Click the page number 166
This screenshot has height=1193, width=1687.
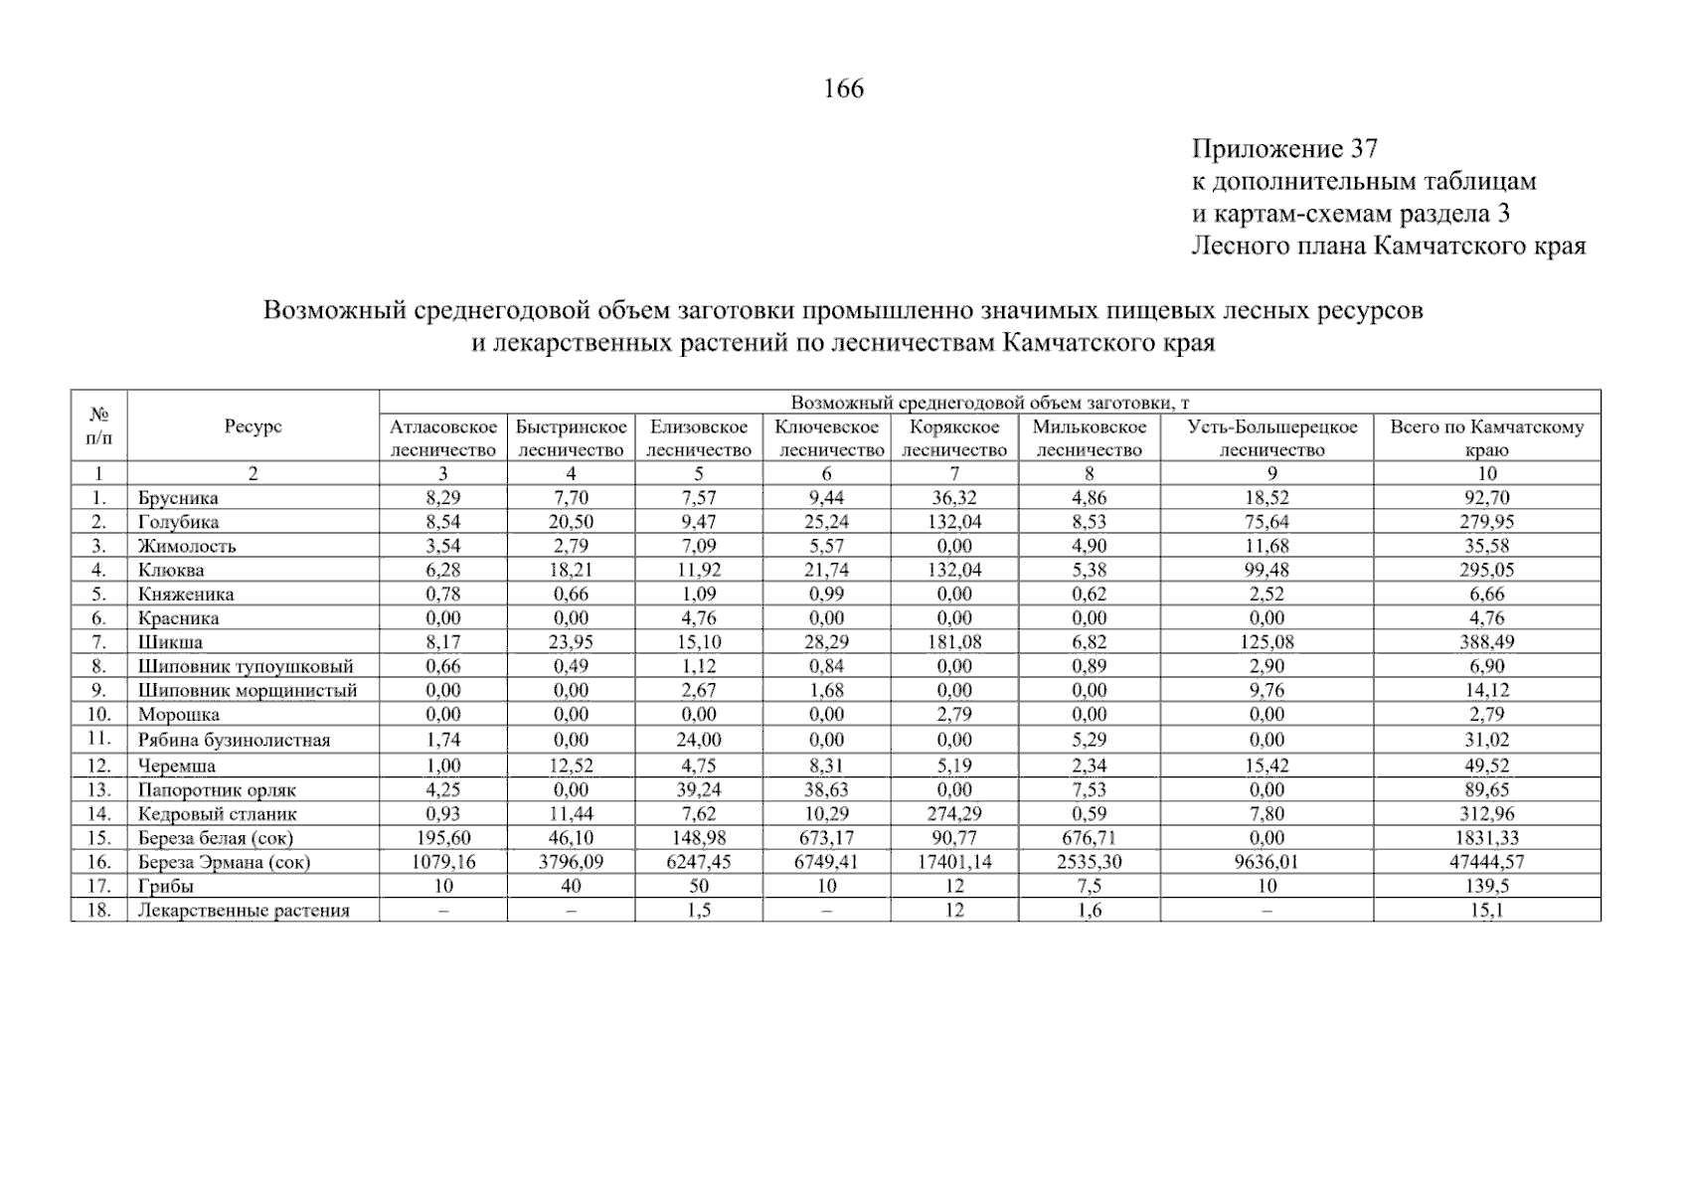tap(844, 89)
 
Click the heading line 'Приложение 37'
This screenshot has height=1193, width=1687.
tap(1284, 149)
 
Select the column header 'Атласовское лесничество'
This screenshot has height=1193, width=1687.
tap(442, 438)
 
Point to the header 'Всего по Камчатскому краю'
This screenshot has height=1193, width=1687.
tap(1486, 438)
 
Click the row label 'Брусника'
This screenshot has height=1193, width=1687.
tap(178, 498)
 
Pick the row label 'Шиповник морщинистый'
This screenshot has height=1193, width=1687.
tap(248, 690)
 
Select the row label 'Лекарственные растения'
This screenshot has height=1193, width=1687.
tap(244, 911)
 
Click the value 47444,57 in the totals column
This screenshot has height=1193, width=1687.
tap(1486, 862)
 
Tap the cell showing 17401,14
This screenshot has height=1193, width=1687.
tap(953, 862)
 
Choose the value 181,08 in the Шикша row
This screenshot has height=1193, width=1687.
tap(953, 642)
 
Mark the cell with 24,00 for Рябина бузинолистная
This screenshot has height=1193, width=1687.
tap(699, 740)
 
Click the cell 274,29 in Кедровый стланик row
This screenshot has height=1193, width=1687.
tap(953, 814)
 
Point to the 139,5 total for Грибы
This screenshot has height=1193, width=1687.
tap(1486, 886)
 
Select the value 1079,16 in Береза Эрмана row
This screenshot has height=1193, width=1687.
tap(442, 862)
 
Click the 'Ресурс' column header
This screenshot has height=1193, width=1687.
tap(253, 426)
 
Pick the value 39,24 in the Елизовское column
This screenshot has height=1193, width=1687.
tap(699, 790)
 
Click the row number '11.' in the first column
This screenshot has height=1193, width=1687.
tap(99, 739)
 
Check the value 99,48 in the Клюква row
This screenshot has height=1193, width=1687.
tap(1266, 571)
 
